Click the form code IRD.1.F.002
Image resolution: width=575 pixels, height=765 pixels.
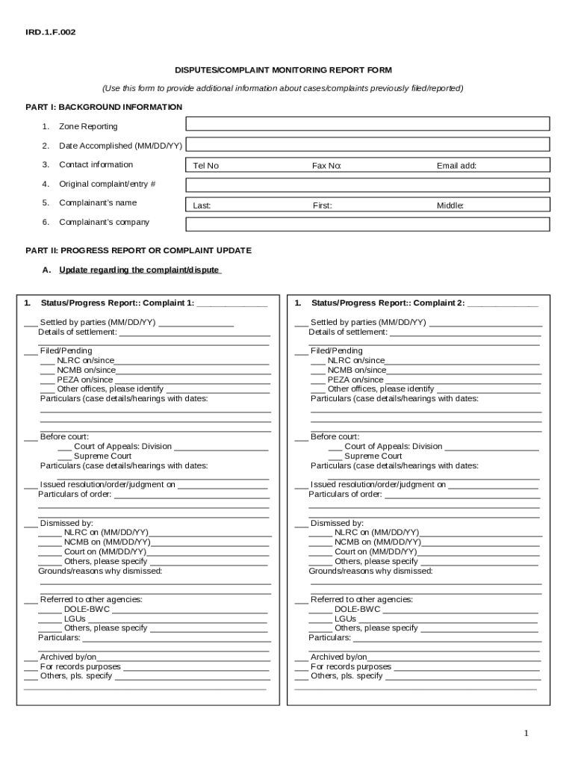51,32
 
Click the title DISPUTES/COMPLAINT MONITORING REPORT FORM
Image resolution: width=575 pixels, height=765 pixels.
283,70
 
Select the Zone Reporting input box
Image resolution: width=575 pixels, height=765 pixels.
367,124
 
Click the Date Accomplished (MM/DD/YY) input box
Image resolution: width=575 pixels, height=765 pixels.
367,144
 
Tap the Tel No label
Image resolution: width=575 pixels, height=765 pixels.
205,166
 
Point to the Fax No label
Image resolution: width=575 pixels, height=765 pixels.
326,166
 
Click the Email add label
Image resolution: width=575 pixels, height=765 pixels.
456,166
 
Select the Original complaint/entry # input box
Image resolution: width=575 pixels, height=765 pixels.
367,185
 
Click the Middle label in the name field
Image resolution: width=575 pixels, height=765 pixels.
450,205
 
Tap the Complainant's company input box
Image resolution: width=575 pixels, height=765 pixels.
367,224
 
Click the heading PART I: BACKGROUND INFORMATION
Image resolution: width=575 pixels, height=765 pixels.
104,108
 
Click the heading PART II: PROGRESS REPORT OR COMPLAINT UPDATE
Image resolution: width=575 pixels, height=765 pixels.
138,251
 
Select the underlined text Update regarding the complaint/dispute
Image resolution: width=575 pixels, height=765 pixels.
140,270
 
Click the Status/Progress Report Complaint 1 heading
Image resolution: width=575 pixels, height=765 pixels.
117,303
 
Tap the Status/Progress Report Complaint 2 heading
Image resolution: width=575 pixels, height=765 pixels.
388,303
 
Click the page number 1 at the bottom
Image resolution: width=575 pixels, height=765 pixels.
526,734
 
